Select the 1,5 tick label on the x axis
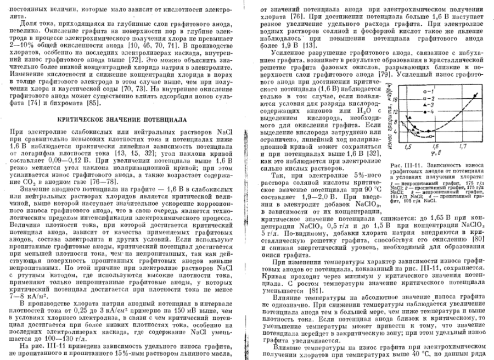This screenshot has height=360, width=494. [409, 148]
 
